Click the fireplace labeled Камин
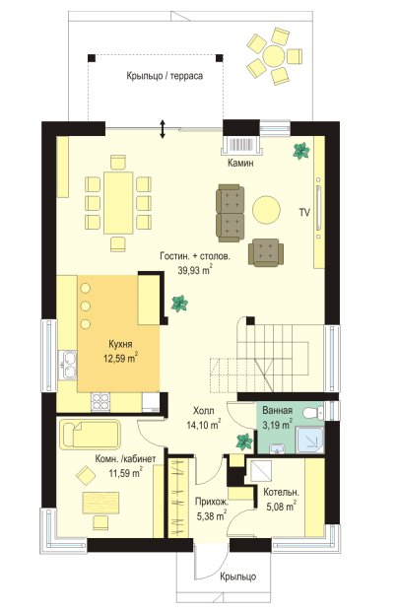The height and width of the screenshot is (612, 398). [x=242, y=144]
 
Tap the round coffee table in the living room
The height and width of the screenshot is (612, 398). [x=266, y=210]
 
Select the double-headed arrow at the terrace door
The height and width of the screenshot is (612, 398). [x=163, y=129]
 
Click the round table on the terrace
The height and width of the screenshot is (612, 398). [x=274, y=56]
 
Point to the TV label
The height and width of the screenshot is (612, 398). [x=304, y=212]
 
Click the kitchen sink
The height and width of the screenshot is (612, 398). [x=68, y=365]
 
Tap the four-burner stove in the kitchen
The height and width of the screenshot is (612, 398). [x=100, y=402]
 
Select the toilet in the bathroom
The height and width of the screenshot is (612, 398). [x=314, y=412]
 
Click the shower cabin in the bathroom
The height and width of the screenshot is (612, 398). [x=310, y=440]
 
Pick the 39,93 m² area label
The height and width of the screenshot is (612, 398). [x=195, y=270]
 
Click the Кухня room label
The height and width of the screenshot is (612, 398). [x=120, y=344]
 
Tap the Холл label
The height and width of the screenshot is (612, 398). [x=204, y=411]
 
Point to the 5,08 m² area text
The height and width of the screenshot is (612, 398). [x=281, y=507]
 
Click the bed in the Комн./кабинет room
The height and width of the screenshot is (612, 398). [x=90, y=434]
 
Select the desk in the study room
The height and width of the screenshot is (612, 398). [x=100, y=503]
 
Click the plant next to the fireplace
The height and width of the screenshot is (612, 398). [x=301, y=151]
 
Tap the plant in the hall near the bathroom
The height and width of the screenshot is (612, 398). [x=244, y=442]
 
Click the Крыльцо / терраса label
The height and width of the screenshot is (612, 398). [x=165, y=76]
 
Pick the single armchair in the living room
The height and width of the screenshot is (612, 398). [x=266, y=252]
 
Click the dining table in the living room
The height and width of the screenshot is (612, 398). [x=118, y=203]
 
